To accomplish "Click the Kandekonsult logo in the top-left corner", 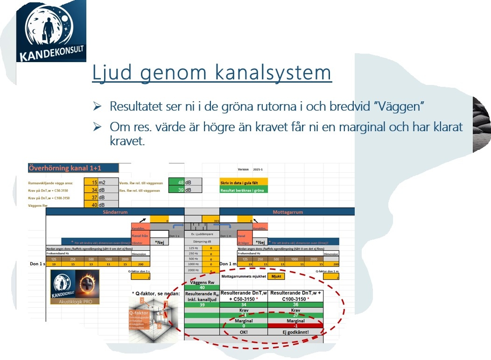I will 51,31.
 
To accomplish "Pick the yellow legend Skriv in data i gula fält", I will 244,183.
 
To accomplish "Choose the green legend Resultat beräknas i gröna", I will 244,190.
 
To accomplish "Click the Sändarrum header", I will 115,212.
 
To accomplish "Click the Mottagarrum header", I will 288,212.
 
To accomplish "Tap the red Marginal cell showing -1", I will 295,325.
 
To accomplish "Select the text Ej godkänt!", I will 295,332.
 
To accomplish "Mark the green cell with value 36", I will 295,305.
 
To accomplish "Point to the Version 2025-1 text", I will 251,169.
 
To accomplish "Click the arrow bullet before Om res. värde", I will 97,127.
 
